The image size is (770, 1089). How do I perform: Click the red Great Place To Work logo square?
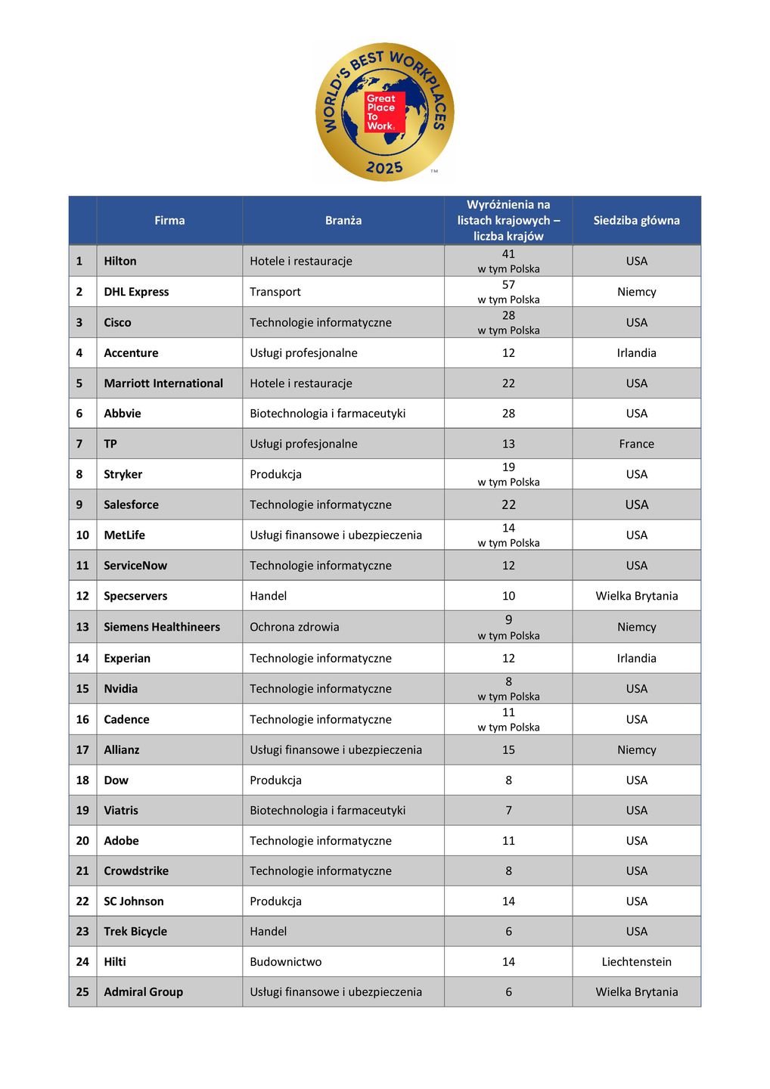(x=384, y=112)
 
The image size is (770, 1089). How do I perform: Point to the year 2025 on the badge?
(x=384, y=167)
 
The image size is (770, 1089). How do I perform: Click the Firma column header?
(x=169, y=220)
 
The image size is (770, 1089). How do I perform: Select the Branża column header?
(x=343, y=220)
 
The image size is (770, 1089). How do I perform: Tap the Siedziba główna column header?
(x=636, y=220)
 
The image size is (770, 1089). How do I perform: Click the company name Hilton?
(x=120, y=261)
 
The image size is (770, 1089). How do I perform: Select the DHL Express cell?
(x=136, y=292)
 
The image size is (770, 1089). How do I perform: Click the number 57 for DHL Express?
(x=508, y=285)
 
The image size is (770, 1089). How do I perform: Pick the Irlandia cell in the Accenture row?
(x=636, y=353)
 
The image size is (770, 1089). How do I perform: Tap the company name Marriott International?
(x=163, y=383)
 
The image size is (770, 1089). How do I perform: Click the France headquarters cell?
(x=636, y=444)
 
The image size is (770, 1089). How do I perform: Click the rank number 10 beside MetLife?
(x=82, y=535)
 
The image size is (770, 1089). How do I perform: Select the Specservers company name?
(x=135, y=596)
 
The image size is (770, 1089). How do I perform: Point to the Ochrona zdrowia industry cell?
(x=294, y=627)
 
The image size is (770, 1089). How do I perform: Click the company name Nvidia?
(x=121, y=689)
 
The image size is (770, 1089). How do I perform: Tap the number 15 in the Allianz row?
(x=508, y=750)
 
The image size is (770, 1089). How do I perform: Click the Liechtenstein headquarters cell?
(x=636, y=962)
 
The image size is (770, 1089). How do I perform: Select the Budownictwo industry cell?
(x=286, y=962)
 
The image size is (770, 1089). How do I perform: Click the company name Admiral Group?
(x=143, y=992)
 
